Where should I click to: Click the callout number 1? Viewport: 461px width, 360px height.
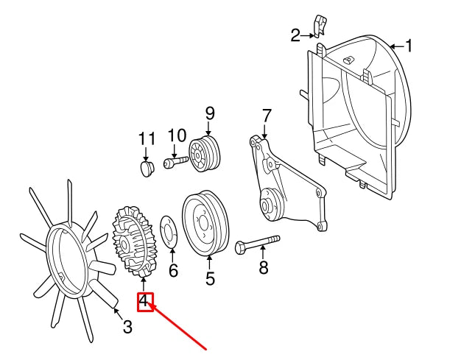409,46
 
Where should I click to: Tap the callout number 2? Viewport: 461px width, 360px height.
296,35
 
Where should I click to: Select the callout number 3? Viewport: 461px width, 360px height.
127,326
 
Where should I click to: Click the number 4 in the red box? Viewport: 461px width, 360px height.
145,301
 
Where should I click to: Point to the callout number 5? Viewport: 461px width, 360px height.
210,279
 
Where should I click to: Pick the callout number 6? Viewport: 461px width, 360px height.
173,271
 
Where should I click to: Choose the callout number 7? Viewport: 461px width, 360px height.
267,116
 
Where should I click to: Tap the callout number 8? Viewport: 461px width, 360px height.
264,267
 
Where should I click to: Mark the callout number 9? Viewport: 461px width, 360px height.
210,113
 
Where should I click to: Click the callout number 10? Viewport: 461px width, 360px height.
177,135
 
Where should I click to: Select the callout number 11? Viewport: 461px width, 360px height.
147,138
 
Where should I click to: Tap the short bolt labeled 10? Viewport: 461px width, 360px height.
174,162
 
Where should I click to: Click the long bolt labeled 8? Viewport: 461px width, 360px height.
258,244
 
